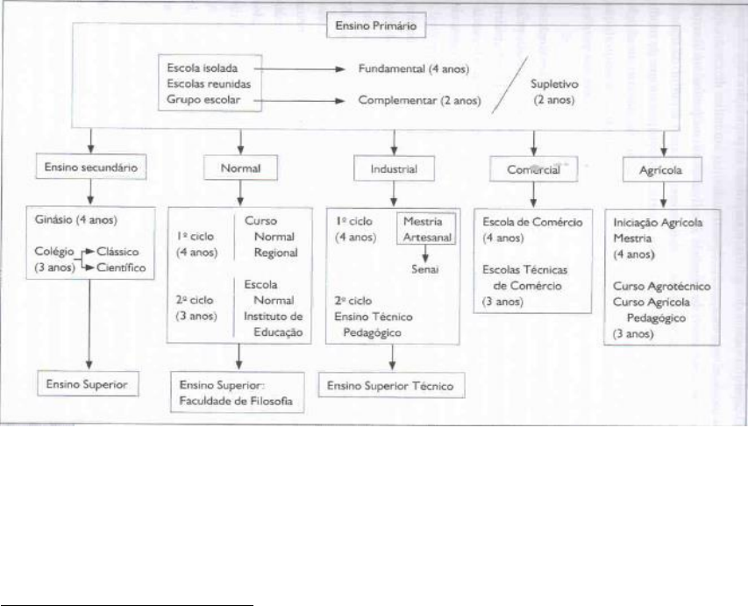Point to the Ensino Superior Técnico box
(x=392, y=385)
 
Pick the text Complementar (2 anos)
(x=419, y=101)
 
